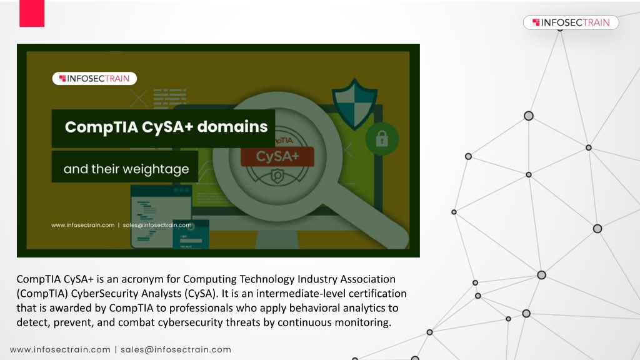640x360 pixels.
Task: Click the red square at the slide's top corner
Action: click(x=32, y=13)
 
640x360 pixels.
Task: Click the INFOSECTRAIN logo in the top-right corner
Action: click(x=571, y=22)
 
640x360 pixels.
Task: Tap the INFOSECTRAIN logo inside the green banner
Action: click(x=94, y=78)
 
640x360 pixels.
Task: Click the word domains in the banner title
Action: click(x=232, y=126)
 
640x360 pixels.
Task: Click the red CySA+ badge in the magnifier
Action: click(x=277, y=156)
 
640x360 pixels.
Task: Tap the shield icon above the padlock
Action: click(x=354, y=104)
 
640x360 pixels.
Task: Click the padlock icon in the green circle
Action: click(x=382, y=139)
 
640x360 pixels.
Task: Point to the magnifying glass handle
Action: click(x=367, y=221)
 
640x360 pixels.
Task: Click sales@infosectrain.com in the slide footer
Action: click(x=176, y=350)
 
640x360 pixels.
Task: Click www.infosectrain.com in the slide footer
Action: click(x=61, y=350)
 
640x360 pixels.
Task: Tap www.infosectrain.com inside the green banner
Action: click(x=83, y=225)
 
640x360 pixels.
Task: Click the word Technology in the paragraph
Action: click(x=267, y=279)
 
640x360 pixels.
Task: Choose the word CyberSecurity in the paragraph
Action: click(x=104, y=294)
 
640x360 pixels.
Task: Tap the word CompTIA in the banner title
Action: click(x=102, y=127)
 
